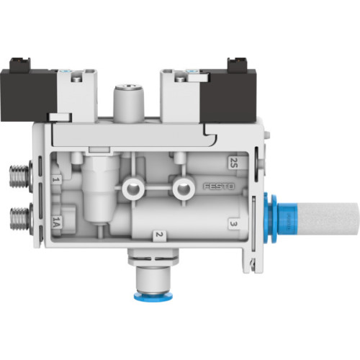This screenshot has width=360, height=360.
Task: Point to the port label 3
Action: click(x=233, y=224)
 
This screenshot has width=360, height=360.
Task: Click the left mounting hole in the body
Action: click(x=131, y=189)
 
